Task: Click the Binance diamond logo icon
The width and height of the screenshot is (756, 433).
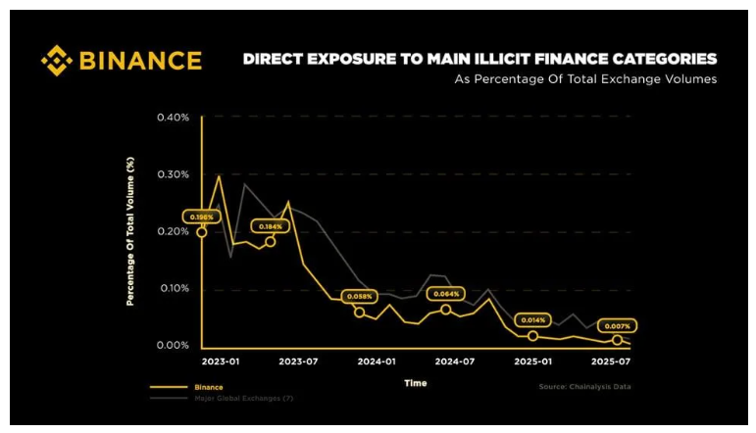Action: point(57,61)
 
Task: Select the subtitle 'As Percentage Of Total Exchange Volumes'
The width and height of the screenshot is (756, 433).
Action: point(584,79)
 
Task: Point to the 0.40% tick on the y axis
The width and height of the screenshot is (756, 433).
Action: point(173,118)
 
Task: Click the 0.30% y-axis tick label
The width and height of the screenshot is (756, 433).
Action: point(173,174)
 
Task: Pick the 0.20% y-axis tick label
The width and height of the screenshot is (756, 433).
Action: point(173,231)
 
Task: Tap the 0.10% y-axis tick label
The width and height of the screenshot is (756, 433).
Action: point(173,288)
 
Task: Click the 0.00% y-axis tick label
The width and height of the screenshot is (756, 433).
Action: point(173,345)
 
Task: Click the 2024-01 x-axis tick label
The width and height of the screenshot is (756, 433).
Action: point(376,361)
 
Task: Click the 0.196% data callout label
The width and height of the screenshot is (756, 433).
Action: point(202,216)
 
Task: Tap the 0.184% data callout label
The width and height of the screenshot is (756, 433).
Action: point(270,226)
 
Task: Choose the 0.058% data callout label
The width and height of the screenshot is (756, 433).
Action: point(359,296)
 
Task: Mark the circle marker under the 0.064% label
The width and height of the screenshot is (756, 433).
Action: point(446,310)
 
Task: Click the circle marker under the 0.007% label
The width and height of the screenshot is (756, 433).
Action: point(617,340)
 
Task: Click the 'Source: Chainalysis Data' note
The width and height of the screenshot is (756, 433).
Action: point(584,387)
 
